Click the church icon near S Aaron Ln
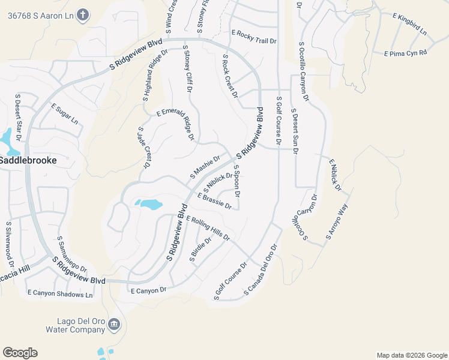(x=83, y=15)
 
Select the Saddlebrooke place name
(x=28, y=161)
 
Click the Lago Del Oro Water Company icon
(x=115, y=325)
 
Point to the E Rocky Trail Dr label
(x=254, y=37)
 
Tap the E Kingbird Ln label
(x=409, y=24)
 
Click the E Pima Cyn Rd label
(x=405, y=53)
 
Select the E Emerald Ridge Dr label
(x=176, y=125)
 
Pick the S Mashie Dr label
(x=205, y=166)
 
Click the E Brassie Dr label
(x=214, y=200)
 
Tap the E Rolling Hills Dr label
(x=208, y=228)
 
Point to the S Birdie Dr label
(x=200, y=250)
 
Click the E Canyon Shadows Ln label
(x=60, y=294)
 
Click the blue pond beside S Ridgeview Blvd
(x=150, y=204)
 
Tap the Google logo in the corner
(x=20, y=353)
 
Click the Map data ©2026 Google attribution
(x=411, y=355)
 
